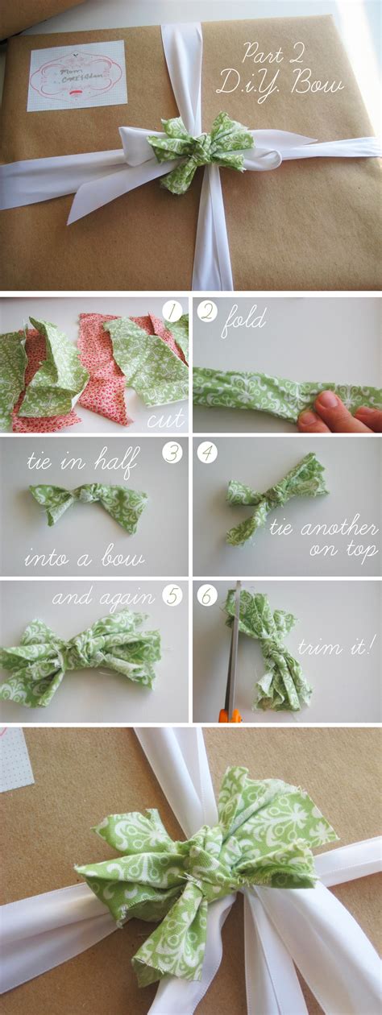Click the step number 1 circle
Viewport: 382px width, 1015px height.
171,313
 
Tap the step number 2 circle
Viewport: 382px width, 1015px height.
208,313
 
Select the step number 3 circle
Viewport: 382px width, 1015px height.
171,453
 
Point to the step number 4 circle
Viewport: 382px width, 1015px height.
208,453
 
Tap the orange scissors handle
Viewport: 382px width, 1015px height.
230,713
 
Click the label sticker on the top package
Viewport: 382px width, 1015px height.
77,75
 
